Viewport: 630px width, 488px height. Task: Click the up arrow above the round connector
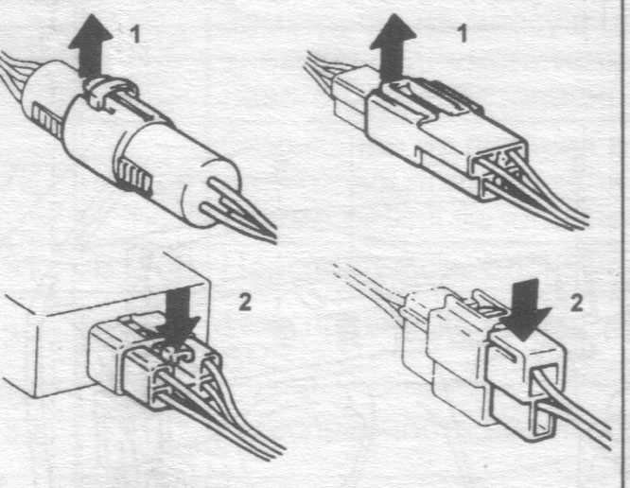click(x=91, y=46)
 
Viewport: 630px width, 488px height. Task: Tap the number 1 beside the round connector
click(x=136, y=34)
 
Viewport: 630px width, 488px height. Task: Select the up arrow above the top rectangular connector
click(x=393, y=46)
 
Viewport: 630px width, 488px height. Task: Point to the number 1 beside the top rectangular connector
click(x=462, y=32)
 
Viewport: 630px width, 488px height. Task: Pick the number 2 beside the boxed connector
click(x=245, y=302)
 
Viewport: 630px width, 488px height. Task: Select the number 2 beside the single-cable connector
click(x=576, y=303)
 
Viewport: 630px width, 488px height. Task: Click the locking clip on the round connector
click(x=108, y=92)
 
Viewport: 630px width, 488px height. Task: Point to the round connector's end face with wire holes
click(x=212, y=194)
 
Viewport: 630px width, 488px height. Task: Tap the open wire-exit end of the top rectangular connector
click(x=499, y=168)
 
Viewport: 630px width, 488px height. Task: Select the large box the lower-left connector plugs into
click(x=105, y=325)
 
